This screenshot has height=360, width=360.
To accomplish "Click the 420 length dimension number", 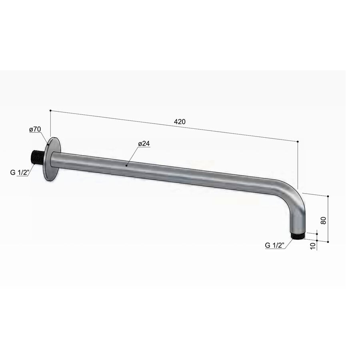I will tap(180, 122).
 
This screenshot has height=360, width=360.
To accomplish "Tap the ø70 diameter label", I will tap(35, 129).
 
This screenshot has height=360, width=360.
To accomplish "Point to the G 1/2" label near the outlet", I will tap(274, 245).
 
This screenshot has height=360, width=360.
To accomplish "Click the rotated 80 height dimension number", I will tap(324, 220).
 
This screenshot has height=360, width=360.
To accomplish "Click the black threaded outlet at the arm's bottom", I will tap(297, 236).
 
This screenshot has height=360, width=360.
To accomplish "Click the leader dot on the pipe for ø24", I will tap(126, 164).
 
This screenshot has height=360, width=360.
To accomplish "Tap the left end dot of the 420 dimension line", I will tap(50, 110).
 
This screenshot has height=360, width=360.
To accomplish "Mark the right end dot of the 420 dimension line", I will tap(298, 141).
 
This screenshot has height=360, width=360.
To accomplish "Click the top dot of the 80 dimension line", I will tap(328, 196).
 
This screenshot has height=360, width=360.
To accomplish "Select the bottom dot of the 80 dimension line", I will tap(328, 242).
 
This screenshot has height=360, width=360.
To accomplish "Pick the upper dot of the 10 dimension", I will tap(317, 232).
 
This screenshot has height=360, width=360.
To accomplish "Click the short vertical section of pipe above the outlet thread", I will tap(298, 222).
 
